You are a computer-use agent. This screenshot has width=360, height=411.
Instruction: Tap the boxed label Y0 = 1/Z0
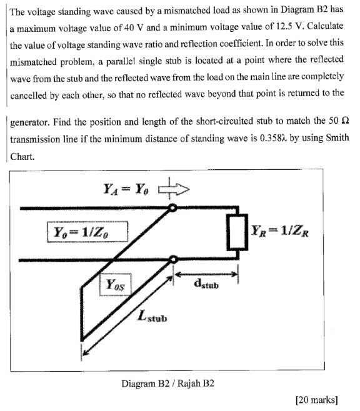pos(86,234)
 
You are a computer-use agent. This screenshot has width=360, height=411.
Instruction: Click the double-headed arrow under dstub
pos(207,274)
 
